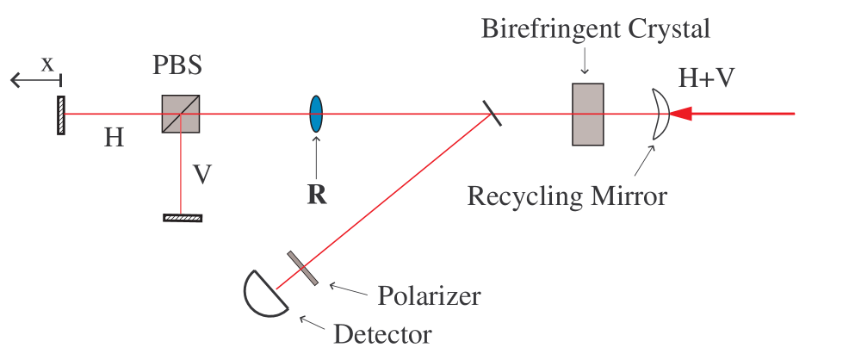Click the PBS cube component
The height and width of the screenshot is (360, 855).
click(x=182, y=114)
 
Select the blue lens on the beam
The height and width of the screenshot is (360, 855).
click(x=316, y=114)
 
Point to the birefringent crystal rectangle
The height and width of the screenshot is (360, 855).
click(x=587, y=114)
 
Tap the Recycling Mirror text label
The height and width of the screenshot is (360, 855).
click(x=567, y=196)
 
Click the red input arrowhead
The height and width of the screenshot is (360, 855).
click(x=681, y=114)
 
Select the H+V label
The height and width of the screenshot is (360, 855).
click(x=709, y=78)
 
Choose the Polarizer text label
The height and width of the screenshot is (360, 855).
click(x=429, y=295)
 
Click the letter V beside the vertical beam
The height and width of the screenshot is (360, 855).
click(x=202, y=175)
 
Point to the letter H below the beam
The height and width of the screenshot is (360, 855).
click(x=114, y=137)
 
